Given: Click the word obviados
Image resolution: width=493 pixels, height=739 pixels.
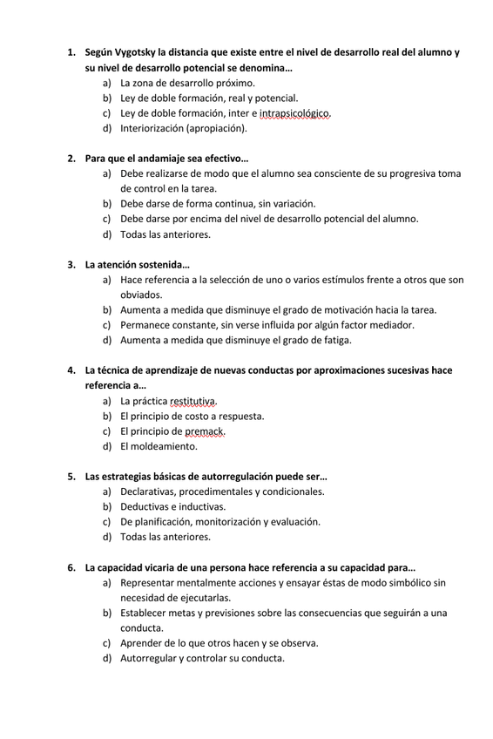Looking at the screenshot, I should (x=141, y=295).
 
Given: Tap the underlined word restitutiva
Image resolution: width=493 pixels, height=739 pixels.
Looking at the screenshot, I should (x=193, y=402).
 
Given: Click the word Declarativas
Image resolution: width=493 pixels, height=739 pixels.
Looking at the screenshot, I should (x=152, y=492).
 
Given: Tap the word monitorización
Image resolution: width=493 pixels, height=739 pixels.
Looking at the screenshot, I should (x=232, y=522).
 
